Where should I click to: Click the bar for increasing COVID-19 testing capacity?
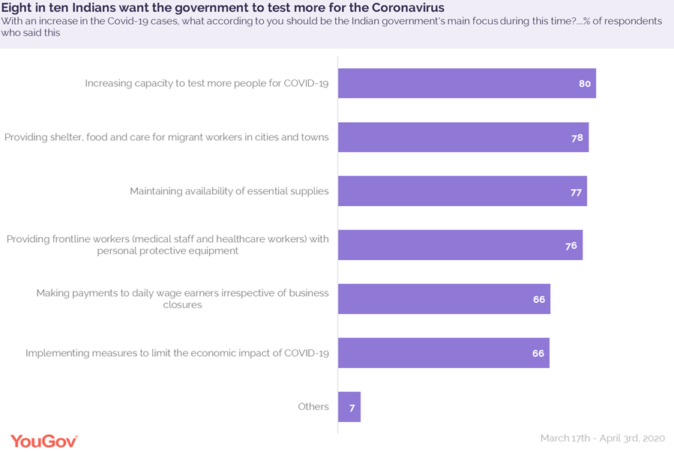pyautogui.click(x=466, y=83)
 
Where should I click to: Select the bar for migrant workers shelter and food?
pyautogui.click(x=463, y=137)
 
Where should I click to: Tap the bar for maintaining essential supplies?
pyautogui.click(x=462, y=191)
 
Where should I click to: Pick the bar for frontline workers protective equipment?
pyautogui.click(x=460, y=245)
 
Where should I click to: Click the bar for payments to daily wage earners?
pyautogui.click(x=444, y=299)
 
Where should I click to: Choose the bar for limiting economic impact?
pyautogui.click(x=443, y=353)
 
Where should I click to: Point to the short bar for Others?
pyautogui.click(x=349, y=407)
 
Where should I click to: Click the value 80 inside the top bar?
pyautogui.click(x=585, y=84)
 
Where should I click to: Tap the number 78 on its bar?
pyautogui.click(x=577, y=138)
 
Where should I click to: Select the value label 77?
pyautogui.click(x=576, y=192)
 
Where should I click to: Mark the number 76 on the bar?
pyautogui.click(x=571, y=246)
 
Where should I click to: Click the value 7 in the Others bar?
pyautogui.click(x=351, y=408)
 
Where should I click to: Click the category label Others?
pyautogui.click(x=313, y=407)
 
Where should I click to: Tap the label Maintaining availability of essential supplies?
pyautogui.click(x=229, y=191)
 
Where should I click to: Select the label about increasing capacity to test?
pyautogui.click(x=207, y=83)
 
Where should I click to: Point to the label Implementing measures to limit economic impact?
pyautogui.click(x=177, y=353)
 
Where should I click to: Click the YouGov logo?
pyautogui.click(x=43, y=440)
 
